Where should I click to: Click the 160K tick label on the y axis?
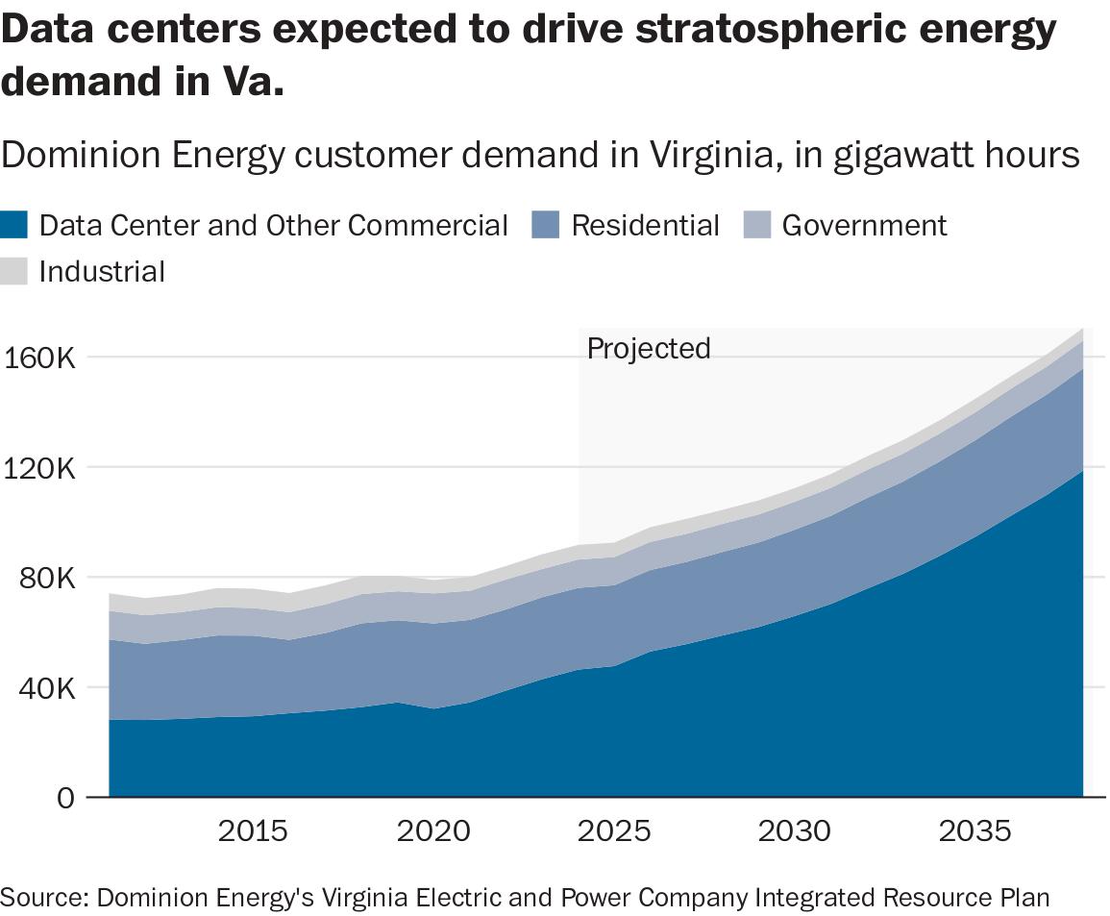(38, 358)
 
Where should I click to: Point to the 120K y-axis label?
(38, 468)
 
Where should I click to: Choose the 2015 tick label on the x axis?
(253, 831)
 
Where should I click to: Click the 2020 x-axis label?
(433, 831)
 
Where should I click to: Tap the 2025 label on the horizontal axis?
(614, 831)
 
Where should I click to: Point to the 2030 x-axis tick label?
(795, 831)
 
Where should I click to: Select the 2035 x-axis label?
(975, 831)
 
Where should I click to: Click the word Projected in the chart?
(649, 348)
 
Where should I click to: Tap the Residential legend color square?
(546, 226)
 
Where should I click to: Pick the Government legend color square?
(758, 226)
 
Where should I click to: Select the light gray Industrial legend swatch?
(15, 272)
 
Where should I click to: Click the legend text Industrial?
(102, 272)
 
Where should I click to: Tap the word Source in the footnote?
(43, 898)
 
